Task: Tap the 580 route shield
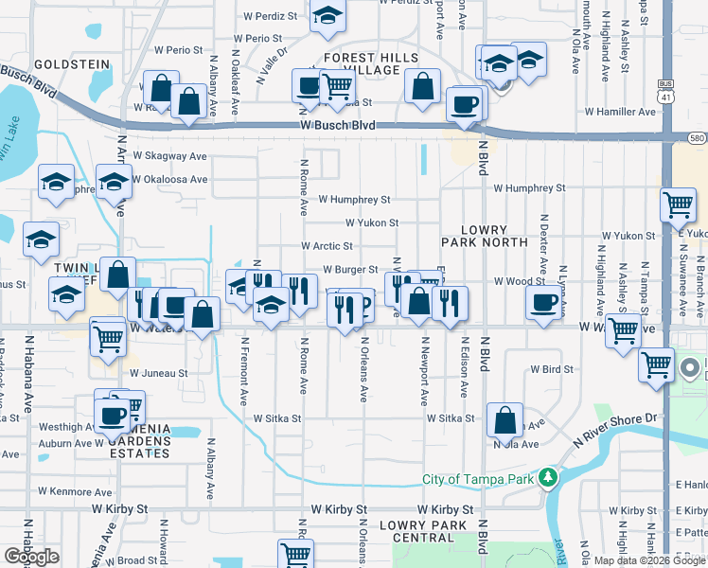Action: coord(696,138)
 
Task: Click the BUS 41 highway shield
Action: coord(666,91)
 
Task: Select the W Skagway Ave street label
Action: coord(169,155)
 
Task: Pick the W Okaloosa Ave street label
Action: coord(169,179)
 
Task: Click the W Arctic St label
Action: coord(327,246)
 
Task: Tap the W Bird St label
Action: coord(554,368)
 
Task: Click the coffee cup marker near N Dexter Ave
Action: coord(544,302)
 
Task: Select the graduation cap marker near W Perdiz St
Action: coord(327,17)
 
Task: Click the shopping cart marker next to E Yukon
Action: coord(680,204)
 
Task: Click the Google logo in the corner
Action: coord(32,557)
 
